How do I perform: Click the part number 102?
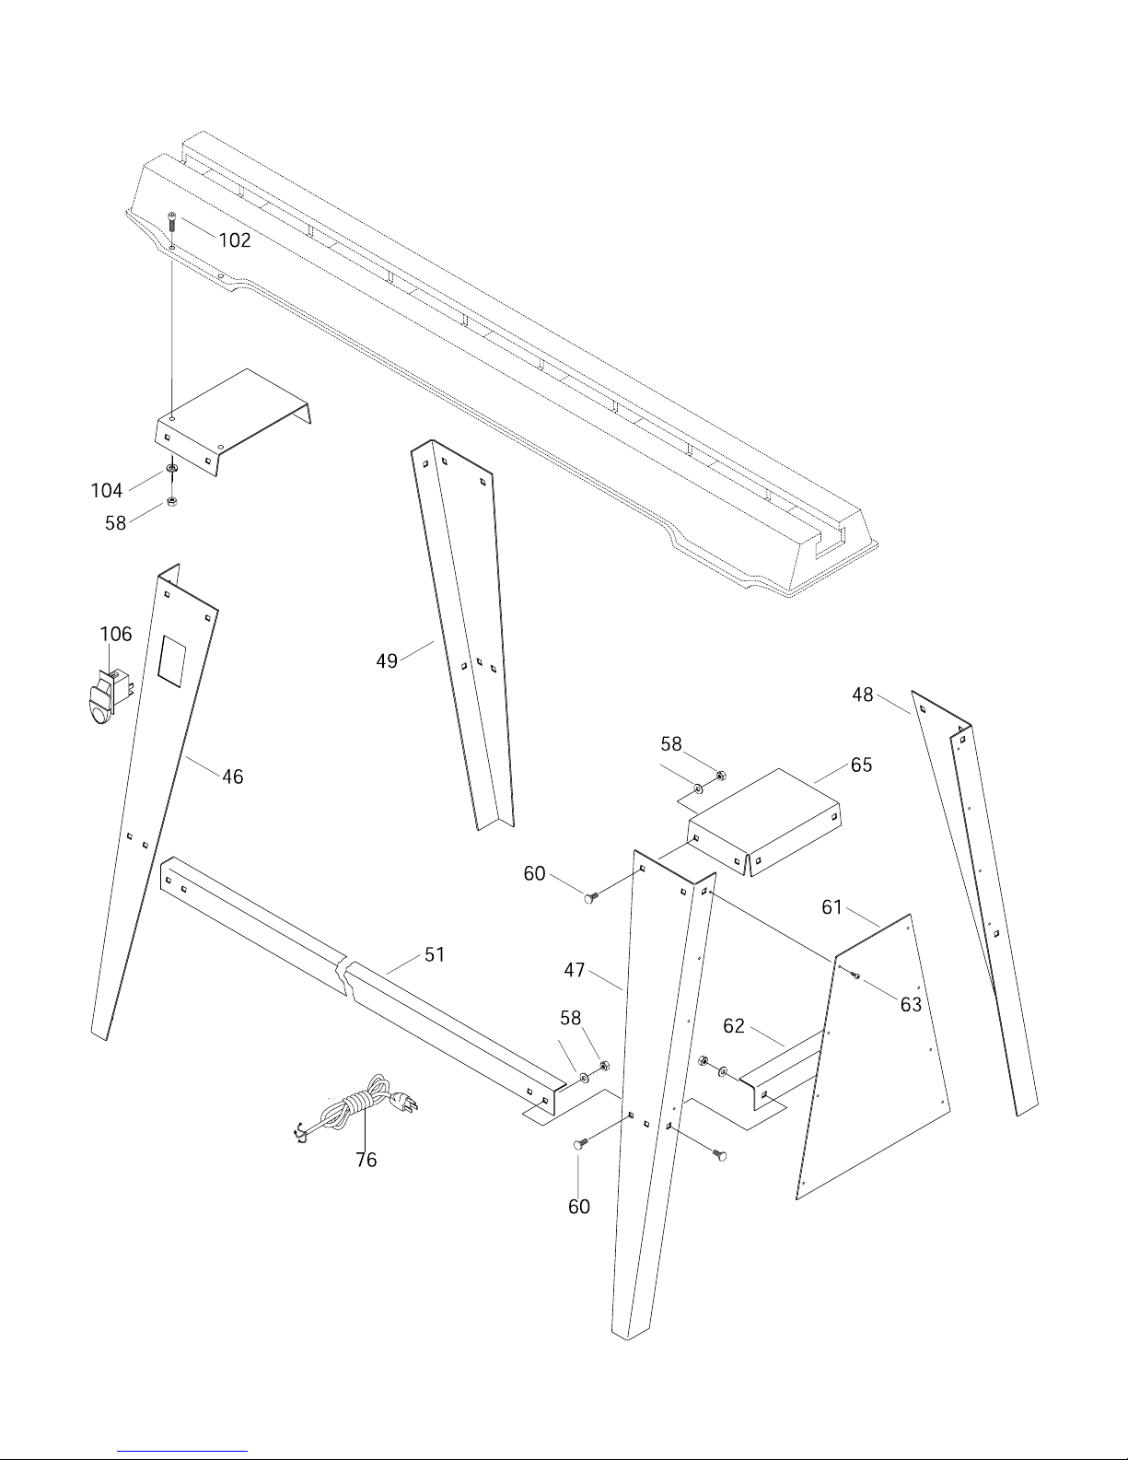(x=234, y=239)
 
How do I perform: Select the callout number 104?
(x=107, y=490)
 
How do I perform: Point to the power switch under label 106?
(x=108, y=696)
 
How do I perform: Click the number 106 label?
(x=115, y=634)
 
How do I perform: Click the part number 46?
(x=232, y=777)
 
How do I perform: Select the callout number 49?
(x=387, y=661)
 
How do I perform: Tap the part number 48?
(x=863, y=695)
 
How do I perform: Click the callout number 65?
(x=862, y=765)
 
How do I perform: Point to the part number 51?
(x=435, y=954)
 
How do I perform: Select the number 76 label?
(x=366, y=1160)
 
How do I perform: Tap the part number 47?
(x=575, y=970)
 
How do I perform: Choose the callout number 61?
(x=831, y=907)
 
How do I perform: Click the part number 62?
(x=734, y=1025)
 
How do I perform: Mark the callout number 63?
(x=911, y=1004)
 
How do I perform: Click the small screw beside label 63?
(x=855, y=975)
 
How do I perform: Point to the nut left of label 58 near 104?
(x=171, y=502)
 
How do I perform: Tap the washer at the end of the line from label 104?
(x=171, y=468)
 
